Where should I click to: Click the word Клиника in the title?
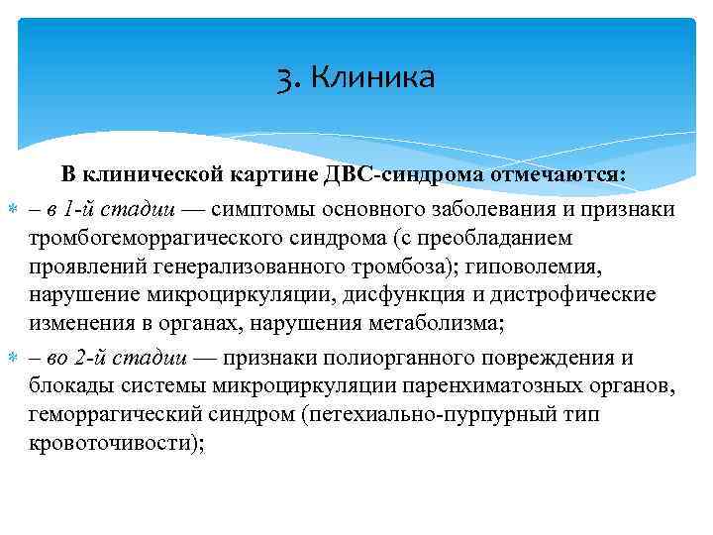(372, 77)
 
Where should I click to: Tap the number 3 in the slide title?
(287, 77)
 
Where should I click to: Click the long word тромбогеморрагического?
(143, 237)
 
